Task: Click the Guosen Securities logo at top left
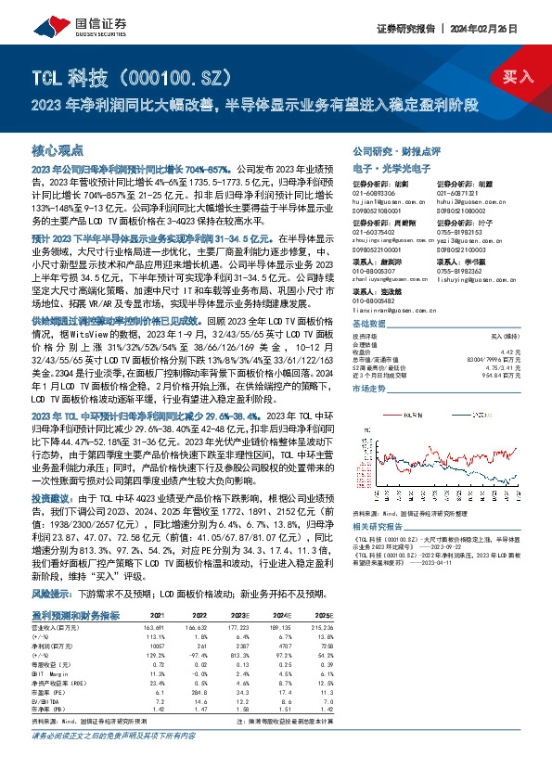point(58,29)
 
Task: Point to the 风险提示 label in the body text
point(52,593)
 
